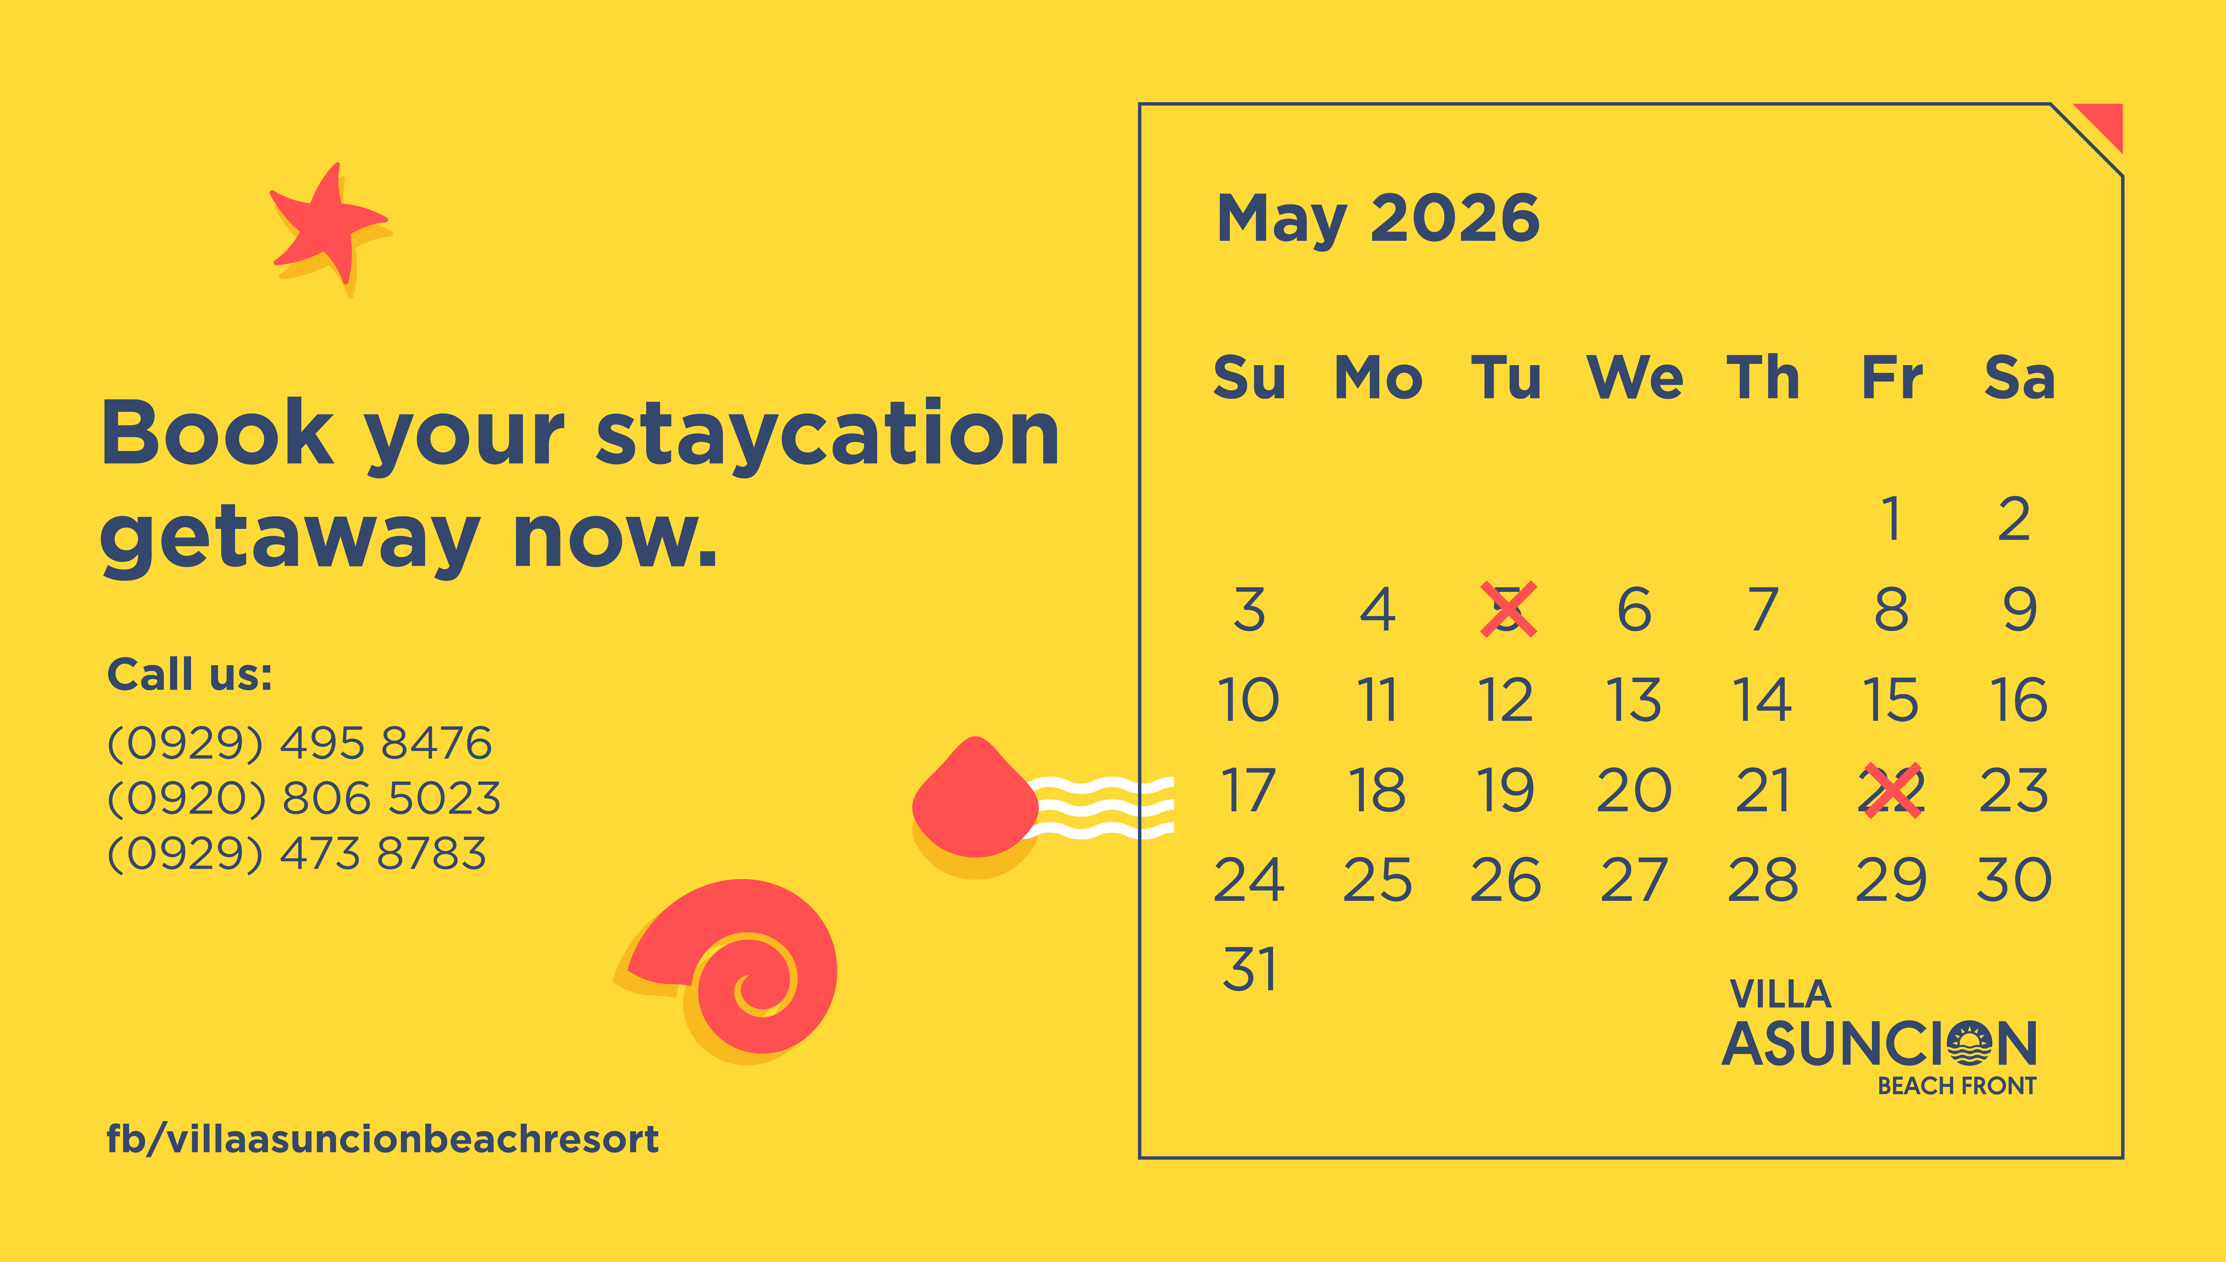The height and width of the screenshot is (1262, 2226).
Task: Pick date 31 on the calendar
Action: (x=1249, y=969)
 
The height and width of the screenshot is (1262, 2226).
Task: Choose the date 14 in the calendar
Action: (x=1762, y=700)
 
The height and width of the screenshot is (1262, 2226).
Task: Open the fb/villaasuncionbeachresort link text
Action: (x=382, y=1139)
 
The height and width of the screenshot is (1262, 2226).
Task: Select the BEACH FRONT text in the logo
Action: (x=1956, y=1086)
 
